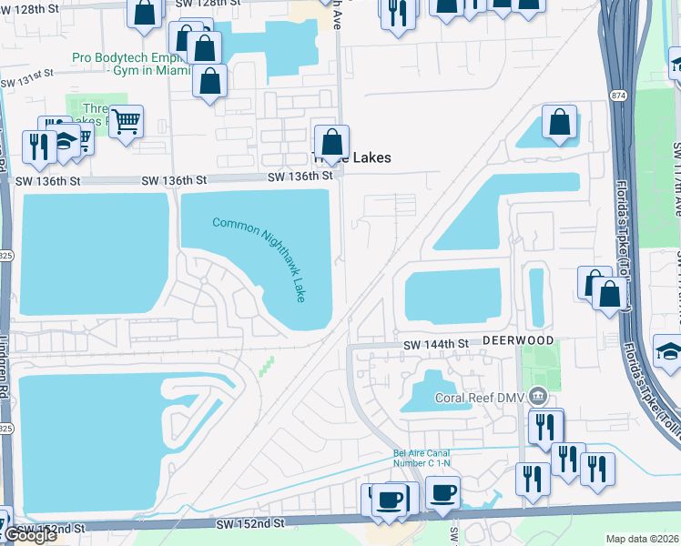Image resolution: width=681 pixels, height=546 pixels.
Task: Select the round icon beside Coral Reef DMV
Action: pyautogui.click(x=539, y=396)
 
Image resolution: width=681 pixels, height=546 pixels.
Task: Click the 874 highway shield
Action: pyautogui.click(x=619, y=94)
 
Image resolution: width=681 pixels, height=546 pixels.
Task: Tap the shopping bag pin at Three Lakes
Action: pyautogui.click(x=332, y=142)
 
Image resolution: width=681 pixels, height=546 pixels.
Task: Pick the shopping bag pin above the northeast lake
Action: pyautogui.click(x=559, y=122)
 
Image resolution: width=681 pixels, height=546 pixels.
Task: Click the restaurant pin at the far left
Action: pyautogui.click(x=39, y=147)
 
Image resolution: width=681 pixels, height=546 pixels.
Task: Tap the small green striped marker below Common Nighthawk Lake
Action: pyautogui.click(x=266, y=366)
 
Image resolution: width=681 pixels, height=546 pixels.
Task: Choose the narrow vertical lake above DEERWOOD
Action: pyautogui.click(x=536, y=297)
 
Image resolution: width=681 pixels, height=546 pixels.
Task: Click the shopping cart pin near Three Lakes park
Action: pyautogui.click(x=126, y=120)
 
